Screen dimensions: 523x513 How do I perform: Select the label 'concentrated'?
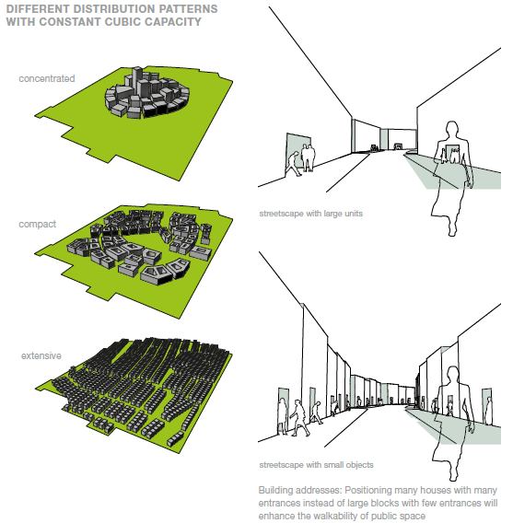point(46,79)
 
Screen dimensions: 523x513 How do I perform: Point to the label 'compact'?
point(38,224)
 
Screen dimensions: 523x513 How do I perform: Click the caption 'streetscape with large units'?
point(310,214)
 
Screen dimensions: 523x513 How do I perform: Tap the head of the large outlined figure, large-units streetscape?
point(452,130)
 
